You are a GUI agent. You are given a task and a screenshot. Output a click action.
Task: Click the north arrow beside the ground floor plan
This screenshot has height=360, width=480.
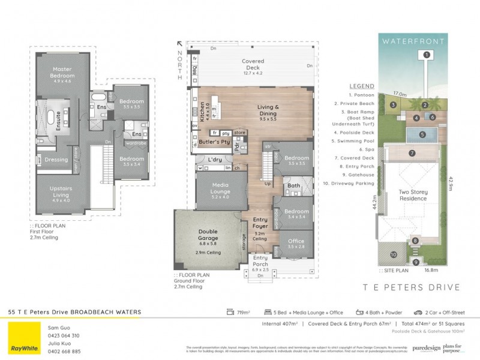[179, 44]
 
